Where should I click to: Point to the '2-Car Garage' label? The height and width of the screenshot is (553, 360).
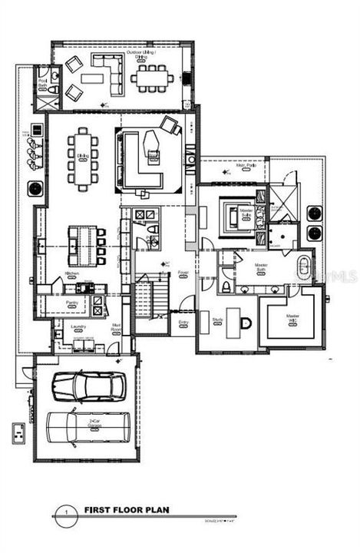(x=94, y=422)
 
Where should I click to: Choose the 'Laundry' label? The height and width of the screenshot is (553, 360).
(x=77, y=326)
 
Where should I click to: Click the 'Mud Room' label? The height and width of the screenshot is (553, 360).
(x=116, y=328)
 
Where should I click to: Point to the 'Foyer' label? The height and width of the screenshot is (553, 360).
(x=183, y=273)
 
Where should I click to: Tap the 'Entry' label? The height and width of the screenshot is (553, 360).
(x=183, y=323)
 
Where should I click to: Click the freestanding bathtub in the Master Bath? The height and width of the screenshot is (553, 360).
(x=304, y=271)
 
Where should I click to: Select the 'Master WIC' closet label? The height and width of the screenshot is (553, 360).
(x=292, y=317)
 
